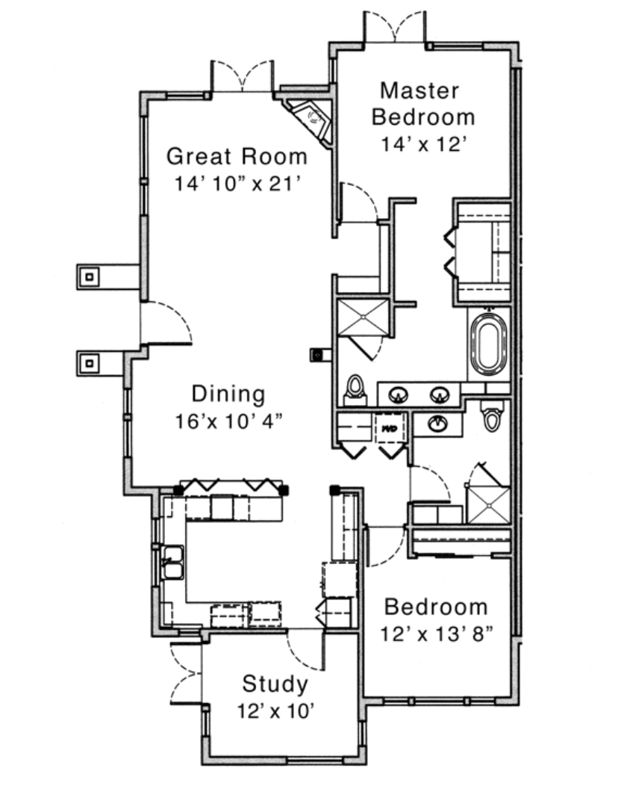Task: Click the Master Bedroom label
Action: pos(423,104)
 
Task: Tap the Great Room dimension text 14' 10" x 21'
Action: pos(237,184)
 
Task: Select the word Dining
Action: pos(228,394)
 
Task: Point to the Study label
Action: pos(275,684)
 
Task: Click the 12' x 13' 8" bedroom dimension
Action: pos(436,634)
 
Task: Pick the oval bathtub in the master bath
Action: pos(489,344)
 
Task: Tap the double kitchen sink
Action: pos(172,563)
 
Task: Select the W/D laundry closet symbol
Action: pos(391,427)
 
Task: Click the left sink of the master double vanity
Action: pos(399,395)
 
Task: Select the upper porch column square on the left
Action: pos(90,276)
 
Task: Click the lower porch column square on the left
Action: pos(90,363)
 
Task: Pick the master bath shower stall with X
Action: pos(363,318)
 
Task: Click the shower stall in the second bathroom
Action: pos(488,504)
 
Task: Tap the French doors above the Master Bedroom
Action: pos(395,27)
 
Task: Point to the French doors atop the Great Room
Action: pos(243,76)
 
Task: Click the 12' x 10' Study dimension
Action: pos(275,711)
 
